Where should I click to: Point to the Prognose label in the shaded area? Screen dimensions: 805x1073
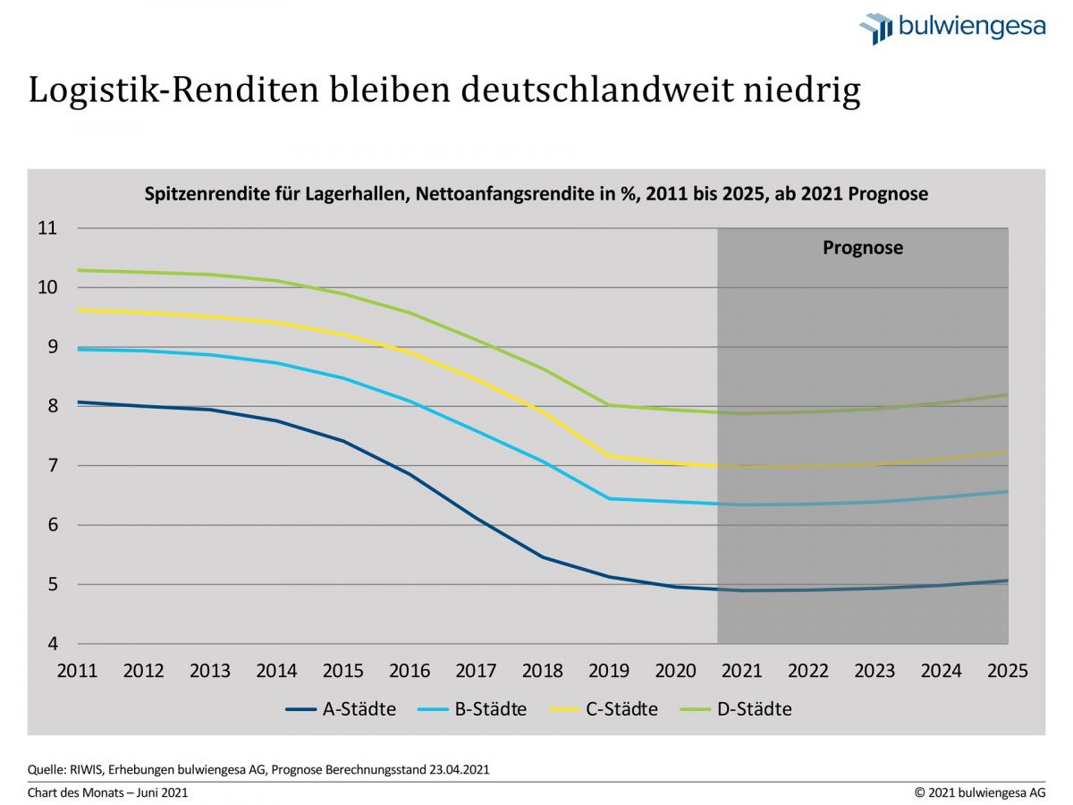[x=862, y=248]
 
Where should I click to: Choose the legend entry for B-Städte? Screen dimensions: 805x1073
[x=471, y=709]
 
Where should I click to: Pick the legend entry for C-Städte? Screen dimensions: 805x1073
[x=603, y=709]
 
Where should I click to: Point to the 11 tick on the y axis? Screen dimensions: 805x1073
[x=47, y=228]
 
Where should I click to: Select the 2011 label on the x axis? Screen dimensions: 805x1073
[x=77, y=671]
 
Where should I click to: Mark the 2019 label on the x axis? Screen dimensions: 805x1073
[x=608, y=671]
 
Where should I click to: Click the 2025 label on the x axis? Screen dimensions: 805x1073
[x=1007, y=671]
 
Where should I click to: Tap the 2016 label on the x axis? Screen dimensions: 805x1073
[x=409, y=671]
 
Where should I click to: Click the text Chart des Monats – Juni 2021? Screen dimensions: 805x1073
[x=108, y=792]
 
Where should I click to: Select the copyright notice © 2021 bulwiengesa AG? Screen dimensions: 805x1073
[x=979, y=792]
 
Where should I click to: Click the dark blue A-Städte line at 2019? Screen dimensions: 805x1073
[x=609, y=576]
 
